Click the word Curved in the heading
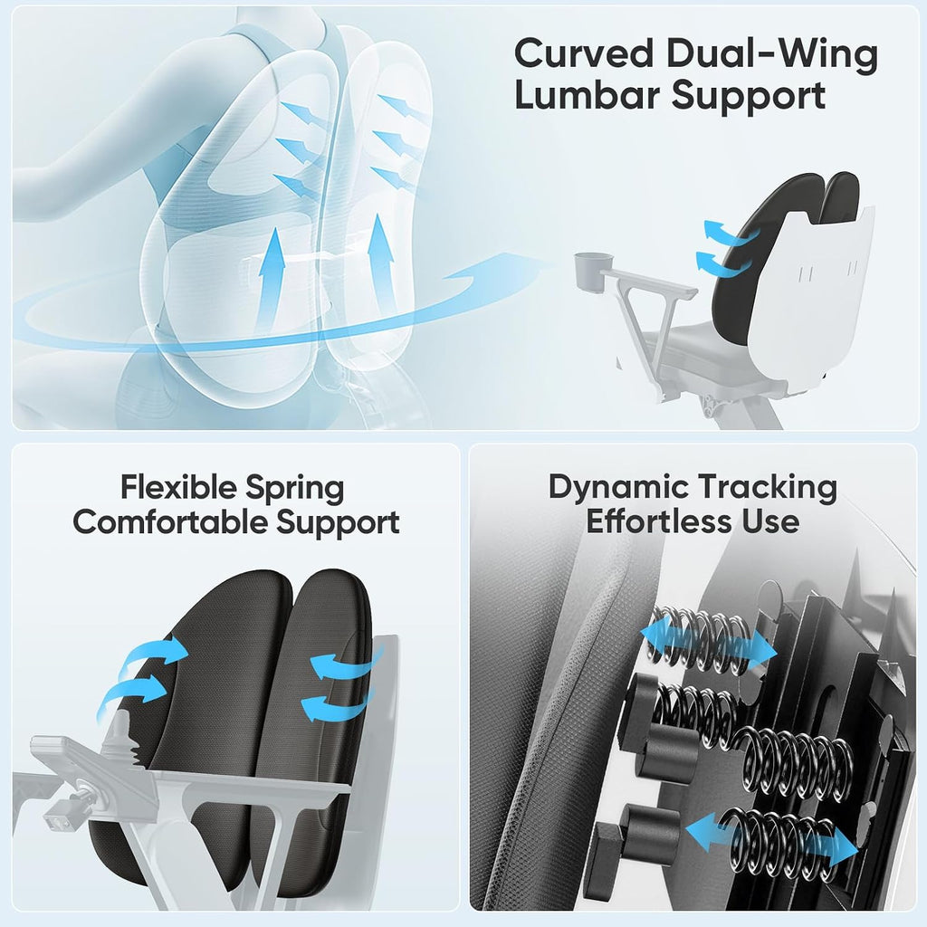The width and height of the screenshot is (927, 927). (584, 53)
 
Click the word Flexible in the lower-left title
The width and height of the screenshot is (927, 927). (178, 487)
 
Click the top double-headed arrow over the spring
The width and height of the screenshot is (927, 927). (708, 642)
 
